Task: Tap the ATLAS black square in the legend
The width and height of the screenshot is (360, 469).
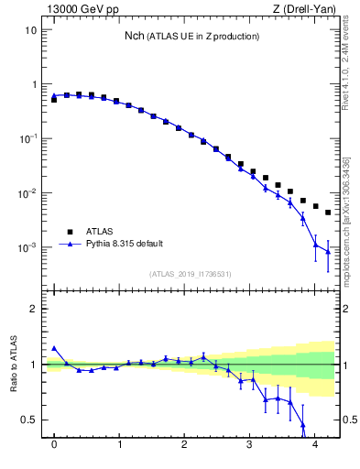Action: (x=68, y=232)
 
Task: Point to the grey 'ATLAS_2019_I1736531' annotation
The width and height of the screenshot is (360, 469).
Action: (x=191, y=274)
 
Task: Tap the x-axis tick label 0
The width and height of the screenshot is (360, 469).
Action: (x=54, y=445)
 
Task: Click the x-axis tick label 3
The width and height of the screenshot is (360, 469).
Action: (x=250, y=445)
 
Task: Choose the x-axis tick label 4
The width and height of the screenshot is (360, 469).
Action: (x=315, y=445)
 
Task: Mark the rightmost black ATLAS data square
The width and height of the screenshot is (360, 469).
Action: (x=328, y=213)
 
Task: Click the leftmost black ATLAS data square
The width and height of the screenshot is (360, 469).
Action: (x=54, y=99)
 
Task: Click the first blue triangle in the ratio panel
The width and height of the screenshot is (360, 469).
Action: (x=54, y=348)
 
